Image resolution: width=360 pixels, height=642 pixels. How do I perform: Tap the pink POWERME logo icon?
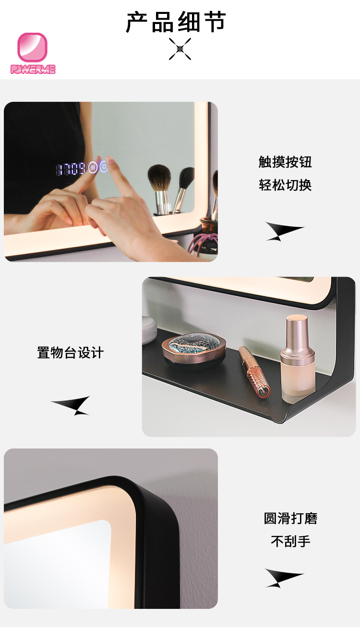click(x=32, y=47)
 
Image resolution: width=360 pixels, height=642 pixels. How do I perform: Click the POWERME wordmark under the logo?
click(x=33, y=69)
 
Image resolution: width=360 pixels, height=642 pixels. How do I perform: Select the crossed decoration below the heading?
click(x=180, y=49)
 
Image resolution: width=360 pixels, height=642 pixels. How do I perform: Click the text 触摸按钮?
click(x=285, y=162)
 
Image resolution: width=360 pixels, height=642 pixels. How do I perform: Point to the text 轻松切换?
click(x=285, y=185)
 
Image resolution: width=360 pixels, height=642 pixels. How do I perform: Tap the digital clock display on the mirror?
click(x=71, y=169)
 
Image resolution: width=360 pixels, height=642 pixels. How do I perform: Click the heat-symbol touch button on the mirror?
click(x=93, y=167)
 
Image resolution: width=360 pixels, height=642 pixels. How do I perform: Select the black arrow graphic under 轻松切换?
click(x=284, y=231)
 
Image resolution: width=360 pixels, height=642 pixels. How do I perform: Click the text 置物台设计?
click(x=71, y=352)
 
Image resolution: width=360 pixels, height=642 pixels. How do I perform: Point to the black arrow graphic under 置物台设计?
click(x=71, y=406)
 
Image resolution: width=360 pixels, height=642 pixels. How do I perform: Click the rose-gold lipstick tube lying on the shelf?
click(x=254, y=372)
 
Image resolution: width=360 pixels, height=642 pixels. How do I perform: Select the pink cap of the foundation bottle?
click(x=297, y=336)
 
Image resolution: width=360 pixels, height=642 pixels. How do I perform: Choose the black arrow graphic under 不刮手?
click(x=284, y=578)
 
